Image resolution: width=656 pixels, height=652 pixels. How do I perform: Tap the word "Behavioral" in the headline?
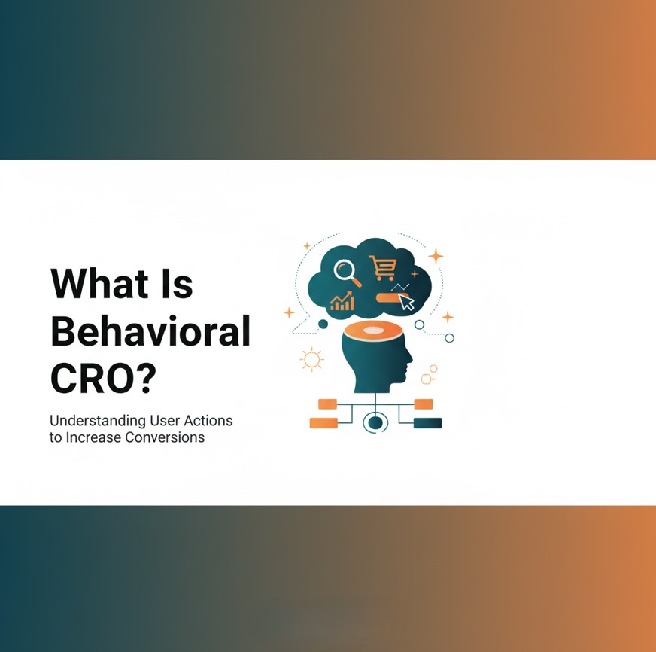pyautogui.click(x=150, y=332)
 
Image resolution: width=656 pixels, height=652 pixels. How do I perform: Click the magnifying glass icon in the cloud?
pyautogui.click(x=348, y=271)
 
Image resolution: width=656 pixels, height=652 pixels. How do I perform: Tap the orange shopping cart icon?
pyautogui.click(x=382, y=267)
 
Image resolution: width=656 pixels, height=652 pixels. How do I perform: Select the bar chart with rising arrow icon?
pyautogui.click(x=342, y=301)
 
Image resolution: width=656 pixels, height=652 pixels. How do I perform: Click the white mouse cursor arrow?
pyautogui.click(x=407, y=303)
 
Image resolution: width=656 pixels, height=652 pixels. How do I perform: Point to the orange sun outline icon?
pyautogui.click(x=311, y=359)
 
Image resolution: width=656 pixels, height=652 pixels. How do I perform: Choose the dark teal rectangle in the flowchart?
pyautogui.click(x=427, y=423)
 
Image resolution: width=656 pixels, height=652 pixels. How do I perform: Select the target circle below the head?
pyautogui.click(x=374, y=422)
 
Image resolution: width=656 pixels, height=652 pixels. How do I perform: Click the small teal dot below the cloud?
pyautogui.click(x=323, y=324)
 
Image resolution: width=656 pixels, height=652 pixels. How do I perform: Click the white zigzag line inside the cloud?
pyautogui.click(x=400, y=287)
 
